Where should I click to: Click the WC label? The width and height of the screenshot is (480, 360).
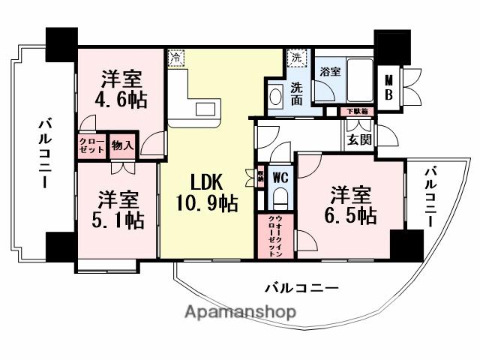(x=280, y=178)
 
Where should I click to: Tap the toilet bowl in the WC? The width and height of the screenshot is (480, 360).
(x=280, y=199)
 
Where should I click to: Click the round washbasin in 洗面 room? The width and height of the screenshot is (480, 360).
(x=275, y=97)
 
